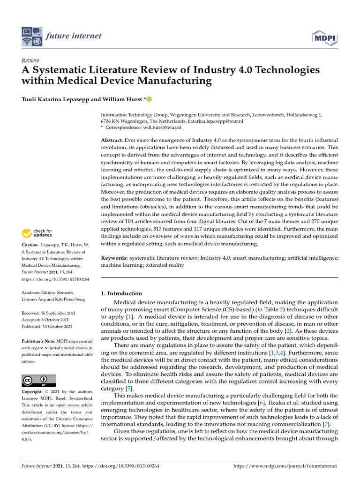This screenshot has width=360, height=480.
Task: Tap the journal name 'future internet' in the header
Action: click(74, 36)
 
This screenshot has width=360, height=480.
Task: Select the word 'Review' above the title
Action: click(30, 60)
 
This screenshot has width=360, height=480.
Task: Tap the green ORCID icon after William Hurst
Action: click(150, 99)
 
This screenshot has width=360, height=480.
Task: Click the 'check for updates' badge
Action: click(37, 232)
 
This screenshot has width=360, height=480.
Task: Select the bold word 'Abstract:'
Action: click(112, 141)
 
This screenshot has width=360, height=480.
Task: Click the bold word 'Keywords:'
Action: click(114, 258)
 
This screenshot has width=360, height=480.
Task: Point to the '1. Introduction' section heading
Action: click(121, 293)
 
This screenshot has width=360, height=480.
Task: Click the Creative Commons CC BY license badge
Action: click(38, 380)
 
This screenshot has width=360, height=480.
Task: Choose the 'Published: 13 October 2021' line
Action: click(47, 326)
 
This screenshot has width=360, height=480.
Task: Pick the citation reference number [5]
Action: click(129, 389)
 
